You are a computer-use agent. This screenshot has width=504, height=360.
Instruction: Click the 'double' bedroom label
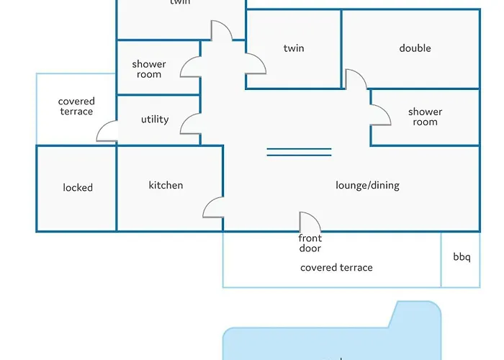click(x=415, y=48)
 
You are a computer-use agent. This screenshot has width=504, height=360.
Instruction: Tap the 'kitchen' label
click(x=166, y=185)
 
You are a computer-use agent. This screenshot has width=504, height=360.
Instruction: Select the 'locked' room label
click(x=78, y=187)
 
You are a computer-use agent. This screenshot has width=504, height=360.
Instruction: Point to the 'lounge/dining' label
click(x=367, y=185)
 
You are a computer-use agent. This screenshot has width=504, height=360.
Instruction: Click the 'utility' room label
click(x=155, y=119)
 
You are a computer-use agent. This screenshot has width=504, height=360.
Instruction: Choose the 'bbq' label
click(x=462, y=256)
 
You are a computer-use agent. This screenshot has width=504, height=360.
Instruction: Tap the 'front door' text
click(x=310, y=243)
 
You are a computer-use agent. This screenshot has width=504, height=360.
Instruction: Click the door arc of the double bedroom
click(x=355, y=79)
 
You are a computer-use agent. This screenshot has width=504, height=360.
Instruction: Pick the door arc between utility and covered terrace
click(x=107, y=131)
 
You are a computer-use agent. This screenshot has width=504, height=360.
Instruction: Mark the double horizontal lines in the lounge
click(x=299, y=152)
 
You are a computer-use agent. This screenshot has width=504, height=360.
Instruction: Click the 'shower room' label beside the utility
click(x=149, y=69)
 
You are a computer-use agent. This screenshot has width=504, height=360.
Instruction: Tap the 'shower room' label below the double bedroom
click(x=425, y=117)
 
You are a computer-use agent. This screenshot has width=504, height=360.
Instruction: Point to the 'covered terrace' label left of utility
click(x=76, y=107)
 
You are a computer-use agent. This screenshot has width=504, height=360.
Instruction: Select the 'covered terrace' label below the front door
click(x=336, y=267)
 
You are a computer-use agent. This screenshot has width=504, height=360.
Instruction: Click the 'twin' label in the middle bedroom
click(x=294, y=48)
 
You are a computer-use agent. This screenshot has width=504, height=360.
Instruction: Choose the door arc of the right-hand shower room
click(x=380, y=114)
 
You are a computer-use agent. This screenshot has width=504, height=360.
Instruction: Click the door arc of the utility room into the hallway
click(x=191, y=124)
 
